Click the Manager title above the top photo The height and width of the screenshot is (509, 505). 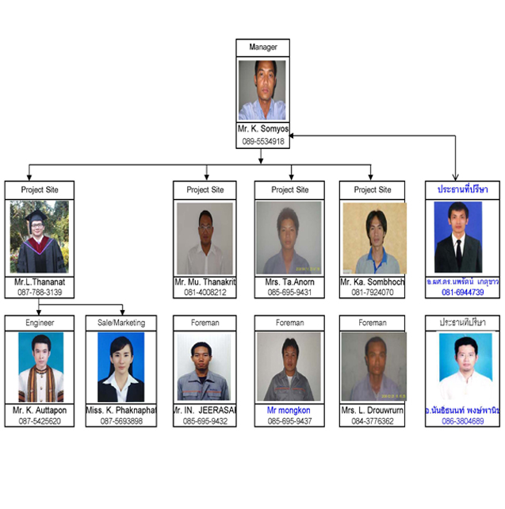click(x=262, y=48)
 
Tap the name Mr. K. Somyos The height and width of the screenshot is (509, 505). click(x=262, y=128)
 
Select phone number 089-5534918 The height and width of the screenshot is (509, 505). click(x=262, y=141)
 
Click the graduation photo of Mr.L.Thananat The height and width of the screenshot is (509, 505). click(x=39, y=237)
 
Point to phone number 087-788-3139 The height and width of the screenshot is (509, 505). click(x=39, y=293)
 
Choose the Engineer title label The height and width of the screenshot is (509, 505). click(x=39, y=323)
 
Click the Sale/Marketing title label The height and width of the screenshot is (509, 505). click(x=121, y=323)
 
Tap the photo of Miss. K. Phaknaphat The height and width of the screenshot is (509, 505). click(x=121, y=367)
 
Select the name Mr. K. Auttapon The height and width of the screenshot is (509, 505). click(x=39, y=410)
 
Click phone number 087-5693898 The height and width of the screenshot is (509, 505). click(x=121, y=421)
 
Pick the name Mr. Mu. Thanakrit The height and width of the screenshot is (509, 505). click(x=205, y=281)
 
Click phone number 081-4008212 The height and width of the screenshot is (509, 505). click(x=205, y=293)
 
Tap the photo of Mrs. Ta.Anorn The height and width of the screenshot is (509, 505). click(x=289, y=237)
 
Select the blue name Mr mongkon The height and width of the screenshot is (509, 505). click(x=289, y=410)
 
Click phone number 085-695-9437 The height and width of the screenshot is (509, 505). click(x=289, y=421)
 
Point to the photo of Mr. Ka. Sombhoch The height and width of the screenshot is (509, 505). click(x=373, y=237)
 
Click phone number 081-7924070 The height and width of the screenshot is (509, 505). click(x=373, y=293)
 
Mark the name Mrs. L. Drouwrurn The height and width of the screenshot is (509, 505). click(x=373, y=410)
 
